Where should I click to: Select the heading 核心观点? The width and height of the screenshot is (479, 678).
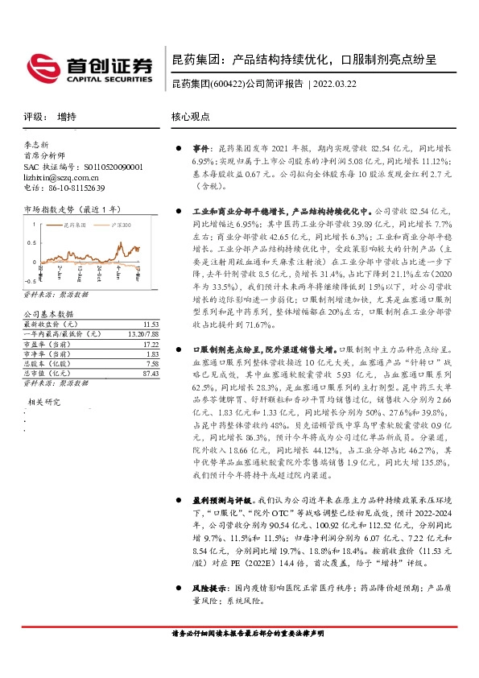(x=190, y=116)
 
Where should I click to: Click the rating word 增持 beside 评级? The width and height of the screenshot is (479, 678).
(x=68, y=116)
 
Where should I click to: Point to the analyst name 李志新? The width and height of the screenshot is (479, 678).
(x=37, y=146)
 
